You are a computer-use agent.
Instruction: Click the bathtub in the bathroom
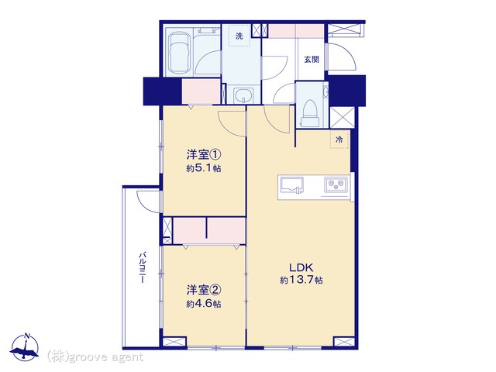[179, 52]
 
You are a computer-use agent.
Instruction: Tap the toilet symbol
[310, 113]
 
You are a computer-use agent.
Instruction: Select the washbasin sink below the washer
[243, 95]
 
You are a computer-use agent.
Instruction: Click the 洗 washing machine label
[239, 36]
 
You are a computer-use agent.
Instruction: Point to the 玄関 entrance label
[312, 60]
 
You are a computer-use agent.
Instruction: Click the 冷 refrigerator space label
[339, 139]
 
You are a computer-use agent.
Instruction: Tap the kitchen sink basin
[291, 186]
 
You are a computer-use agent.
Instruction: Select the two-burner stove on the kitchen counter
[336, 184]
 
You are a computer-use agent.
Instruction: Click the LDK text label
[301, 267]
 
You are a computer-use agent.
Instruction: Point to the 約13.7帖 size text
[301, 280]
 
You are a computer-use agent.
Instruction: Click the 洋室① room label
[203, 155]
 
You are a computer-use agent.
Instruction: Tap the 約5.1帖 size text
[203, 168]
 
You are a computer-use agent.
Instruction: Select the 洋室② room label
[203, 290]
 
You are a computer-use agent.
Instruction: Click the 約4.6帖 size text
[203, 304]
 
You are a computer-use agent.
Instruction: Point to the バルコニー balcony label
[143, 267]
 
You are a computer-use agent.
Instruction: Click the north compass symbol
[25, 347]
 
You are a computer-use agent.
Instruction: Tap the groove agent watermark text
[95, 357]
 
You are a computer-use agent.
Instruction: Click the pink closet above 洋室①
[201, 91]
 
